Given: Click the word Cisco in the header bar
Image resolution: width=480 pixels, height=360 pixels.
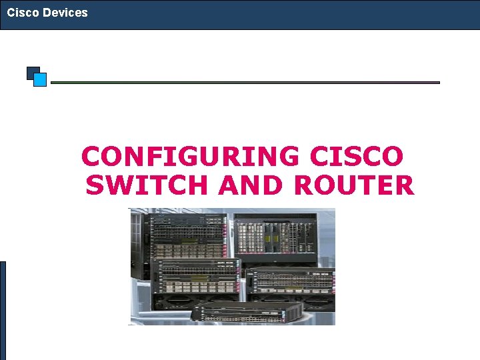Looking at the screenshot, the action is tap(23, 13).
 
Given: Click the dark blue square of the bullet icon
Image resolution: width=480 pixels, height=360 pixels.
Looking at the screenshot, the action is tap(31, 71).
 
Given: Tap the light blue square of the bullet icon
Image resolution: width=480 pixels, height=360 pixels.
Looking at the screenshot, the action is tap(40, 80).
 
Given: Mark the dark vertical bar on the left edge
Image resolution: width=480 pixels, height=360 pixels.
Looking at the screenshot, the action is tap(3, 310).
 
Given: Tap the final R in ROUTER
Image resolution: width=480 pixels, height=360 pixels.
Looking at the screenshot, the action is tap(404, 185).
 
